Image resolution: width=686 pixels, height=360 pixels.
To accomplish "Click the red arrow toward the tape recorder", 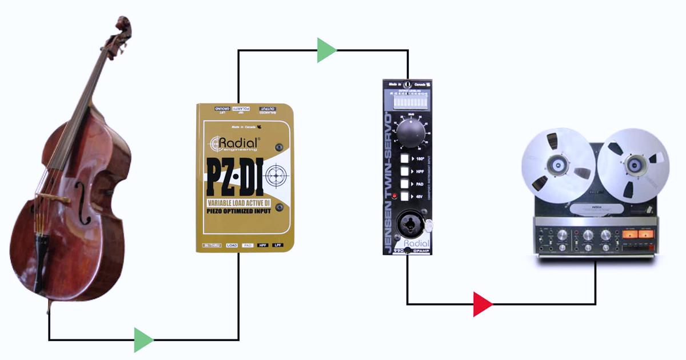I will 482,303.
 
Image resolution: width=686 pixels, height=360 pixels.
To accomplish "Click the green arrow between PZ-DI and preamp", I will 326,50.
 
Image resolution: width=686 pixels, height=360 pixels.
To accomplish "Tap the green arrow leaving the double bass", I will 143,340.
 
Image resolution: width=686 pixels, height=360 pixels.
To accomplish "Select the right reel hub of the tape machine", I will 633,165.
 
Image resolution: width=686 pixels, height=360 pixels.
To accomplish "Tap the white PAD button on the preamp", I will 404,184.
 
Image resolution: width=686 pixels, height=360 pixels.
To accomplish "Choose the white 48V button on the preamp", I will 404,197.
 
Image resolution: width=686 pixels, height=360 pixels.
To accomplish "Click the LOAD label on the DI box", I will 232,245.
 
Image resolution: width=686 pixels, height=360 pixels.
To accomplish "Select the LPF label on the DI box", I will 278,245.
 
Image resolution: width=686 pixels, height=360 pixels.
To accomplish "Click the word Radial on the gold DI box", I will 236,141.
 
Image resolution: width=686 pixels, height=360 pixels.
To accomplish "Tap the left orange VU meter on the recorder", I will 630,233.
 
